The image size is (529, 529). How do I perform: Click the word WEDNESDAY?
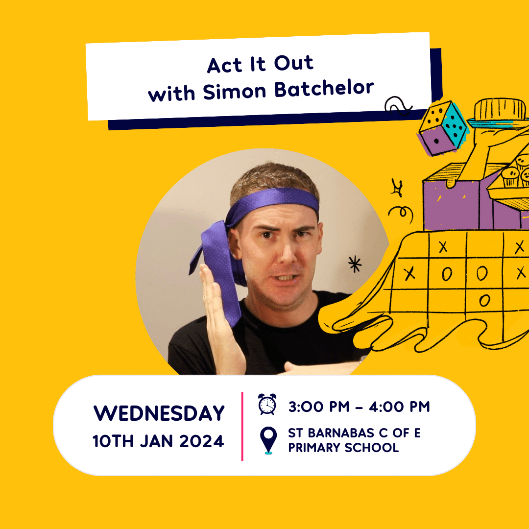(x=159, y=413)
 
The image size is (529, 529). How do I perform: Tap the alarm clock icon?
(x=267, y=404)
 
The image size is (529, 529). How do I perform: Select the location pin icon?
(x=268, y=440)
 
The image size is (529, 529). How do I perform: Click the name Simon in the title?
(x=235, y=92)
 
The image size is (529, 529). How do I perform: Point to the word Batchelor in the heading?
(x=324, y=88)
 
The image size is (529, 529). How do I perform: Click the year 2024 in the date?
(x=201, y=441)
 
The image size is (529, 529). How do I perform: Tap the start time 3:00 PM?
(x=319, y=407)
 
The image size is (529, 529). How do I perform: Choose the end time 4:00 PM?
(x=400, y=407)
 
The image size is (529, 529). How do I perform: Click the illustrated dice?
(x=443, y=128)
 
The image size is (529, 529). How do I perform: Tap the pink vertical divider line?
(x=242, y=426)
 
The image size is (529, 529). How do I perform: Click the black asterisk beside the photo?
(x=355, y=264)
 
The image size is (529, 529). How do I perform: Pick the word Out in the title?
(x=293, y=63)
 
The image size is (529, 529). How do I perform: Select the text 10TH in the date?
(x=113, y=441)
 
